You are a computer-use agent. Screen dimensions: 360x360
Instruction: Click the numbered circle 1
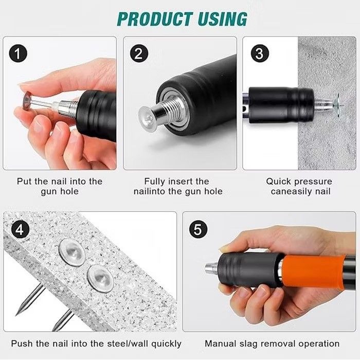pyautogui.click(x=18, y=53)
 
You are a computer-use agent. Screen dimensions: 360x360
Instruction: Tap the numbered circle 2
pyautogui.click(x=139, y=53)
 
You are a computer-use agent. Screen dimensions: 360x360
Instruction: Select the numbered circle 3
pyautogui.click(x=259, y=53)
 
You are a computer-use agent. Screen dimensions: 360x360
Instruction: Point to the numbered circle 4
pyautogui.click(x=20, y=229)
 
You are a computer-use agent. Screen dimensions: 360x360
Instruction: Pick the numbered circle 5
pyautogui.click(x=198, y=229)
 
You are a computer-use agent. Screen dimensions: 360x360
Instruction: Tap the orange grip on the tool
pyautogui.click(x=313, y=272)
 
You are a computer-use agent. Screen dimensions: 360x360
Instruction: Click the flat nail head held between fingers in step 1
pyautogui.click(x=28, y=101)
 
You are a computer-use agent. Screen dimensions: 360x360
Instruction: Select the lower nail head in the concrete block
pyautogui.click(x=100, y=279)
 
